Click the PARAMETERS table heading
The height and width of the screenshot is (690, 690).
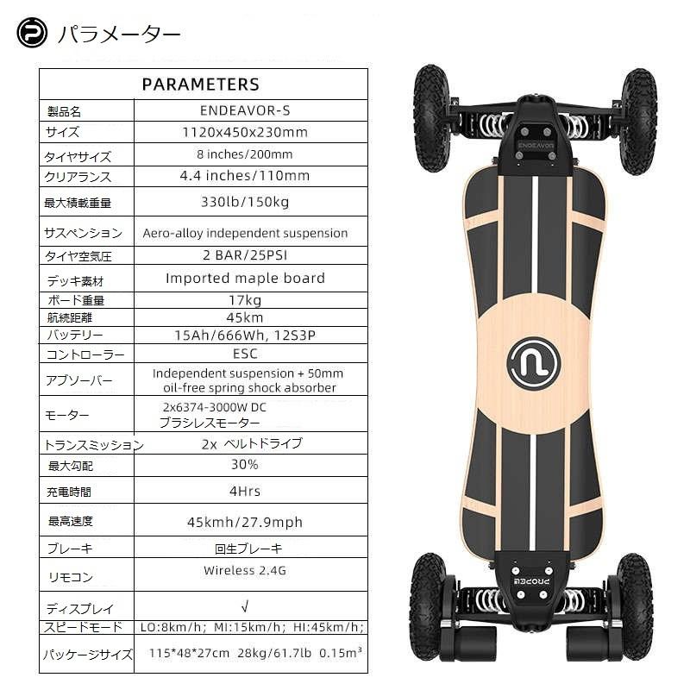tap(200, 85)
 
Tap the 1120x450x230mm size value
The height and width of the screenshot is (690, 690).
tap(245, 133)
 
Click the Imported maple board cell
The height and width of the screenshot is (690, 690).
tap(245, 279)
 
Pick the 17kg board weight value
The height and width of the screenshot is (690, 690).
tap(245, 300)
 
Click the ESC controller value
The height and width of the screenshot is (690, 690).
tap(245, 354)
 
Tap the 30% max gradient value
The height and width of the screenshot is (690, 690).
tap(245, 465)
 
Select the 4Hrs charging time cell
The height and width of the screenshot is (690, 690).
tap(245, 491)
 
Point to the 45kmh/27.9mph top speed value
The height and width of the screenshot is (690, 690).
tap(245, 522)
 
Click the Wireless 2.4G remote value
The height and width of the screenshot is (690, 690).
tap(245, 570)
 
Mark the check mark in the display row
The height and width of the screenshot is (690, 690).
tap(245, 607)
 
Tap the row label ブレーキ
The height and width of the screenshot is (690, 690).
tap(69, 549)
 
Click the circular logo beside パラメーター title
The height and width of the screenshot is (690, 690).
tap(32, 34)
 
